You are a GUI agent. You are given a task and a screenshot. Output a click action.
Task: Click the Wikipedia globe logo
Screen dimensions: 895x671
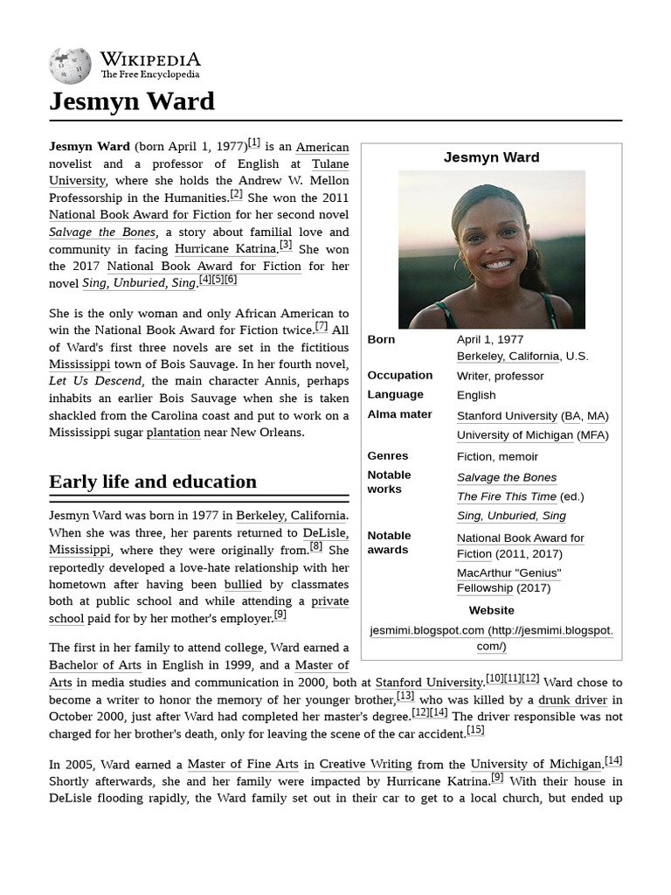(x=70, y=66)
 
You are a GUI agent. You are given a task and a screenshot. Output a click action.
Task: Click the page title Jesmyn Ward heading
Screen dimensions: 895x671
(x=132, y=101)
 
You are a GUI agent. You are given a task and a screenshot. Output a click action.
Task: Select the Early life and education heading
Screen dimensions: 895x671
(x=153, y=482)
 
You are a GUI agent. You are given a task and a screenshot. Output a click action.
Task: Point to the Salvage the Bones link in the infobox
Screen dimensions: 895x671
(x=506, y=477)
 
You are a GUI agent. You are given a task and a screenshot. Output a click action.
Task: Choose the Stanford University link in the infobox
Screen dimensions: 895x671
(x=507, y=416)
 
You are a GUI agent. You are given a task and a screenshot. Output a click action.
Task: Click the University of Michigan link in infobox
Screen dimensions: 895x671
(x=515, y=435)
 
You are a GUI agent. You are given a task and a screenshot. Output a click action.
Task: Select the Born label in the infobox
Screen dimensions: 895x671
(x=381, y=339)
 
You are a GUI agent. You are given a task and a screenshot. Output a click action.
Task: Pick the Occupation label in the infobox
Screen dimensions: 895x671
(x=399, y=375)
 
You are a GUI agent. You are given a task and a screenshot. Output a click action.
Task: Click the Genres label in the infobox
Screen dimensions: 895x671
(x=388, y=455)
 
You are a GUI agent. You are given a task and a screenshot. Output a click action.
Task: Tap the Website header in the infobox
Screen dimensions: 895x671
(x=491, y=610)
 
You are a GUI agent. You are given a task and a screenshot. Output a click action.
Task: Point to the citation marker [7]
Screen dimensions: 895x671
(x=322, y=327)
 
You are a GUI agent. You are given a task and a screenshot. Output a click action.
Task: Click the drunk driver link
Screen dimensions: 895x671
(x=572, y=699)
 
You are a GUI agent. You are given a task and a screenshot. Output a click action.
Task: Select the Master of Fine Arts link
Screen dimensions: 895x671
(x=243, y=764)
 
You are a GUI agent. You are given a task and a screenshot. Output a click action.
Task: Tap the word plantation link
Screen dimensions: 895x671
(x=173, y=433)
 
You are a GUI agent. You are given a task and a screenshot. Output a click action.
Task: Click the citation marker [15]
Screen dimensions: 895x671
(x=475, y=730)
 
